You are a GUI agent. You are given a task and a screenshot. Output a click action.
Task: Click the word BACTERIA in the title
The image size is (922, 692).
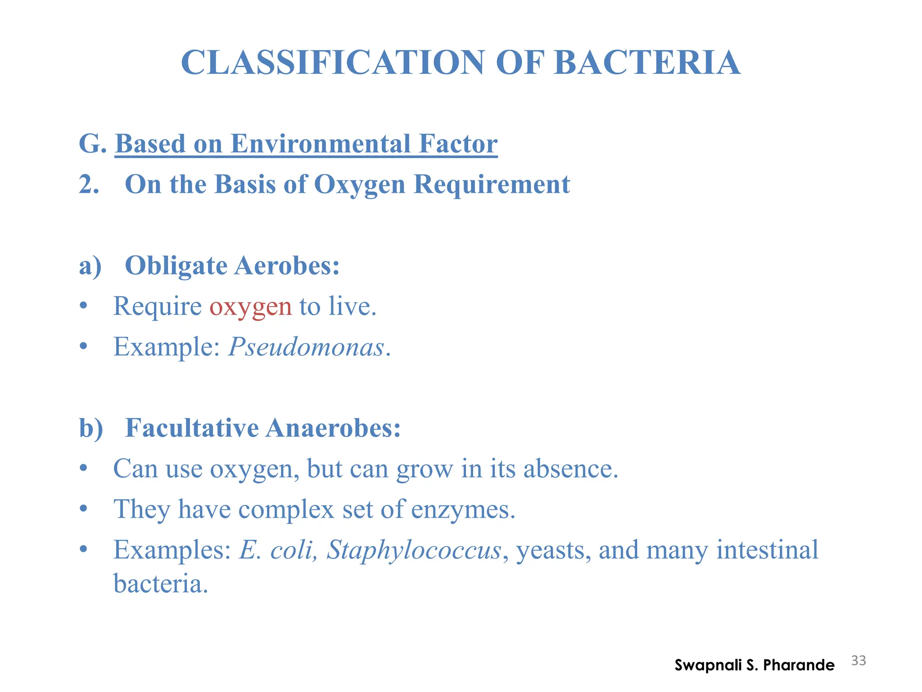click(647, 63)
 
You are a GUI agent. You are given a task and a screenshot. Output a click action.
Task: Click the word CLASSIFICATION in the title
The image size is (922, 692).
click(332, 63)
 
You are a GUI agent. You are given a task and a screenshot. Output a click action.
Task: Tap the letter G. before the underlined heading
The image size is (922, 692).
click(92, 144)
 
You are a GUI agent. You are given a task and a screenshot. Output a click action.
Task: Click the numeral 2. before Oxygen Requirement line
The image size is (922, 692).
click(89, 185)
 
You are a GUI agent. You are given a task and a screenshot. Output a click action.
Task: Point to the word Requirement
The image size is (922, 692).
click(492, 185)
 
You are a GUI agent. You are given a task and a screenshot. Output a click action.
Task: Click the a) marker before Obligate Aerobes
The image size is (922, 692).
click(90, 266)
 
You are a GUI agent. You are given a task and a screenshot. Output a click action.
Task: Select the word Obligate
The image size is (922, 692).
click(176, 266)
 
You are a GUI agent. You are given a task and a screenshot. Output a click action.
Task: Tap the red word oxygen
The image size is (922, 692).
click(250, 306)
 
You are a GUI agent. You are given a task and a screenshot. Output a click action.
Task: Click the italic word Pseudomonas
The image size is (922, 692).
click(306, 347)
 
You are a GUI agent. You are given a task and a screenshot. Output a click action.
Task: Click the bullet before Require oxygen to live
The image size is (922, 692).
click(83, 306)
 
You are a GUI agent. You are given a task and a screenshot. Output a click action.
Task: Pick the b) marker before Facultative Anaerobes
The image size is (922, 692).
click(91, 428)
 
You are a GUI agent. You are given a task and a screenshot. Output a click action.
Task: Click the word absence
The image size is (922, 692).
click(570, 469)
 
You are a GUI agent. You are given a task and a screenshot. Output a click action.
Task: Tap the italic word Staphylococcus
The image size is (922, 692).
click(414, 550)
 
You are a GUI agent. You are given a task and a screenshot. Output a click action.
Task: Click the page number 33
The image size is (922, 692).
click(859, 660)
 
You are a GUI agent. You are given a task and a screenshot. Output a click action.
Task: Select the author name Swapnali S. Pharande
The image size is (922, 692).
click(754, 665)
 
